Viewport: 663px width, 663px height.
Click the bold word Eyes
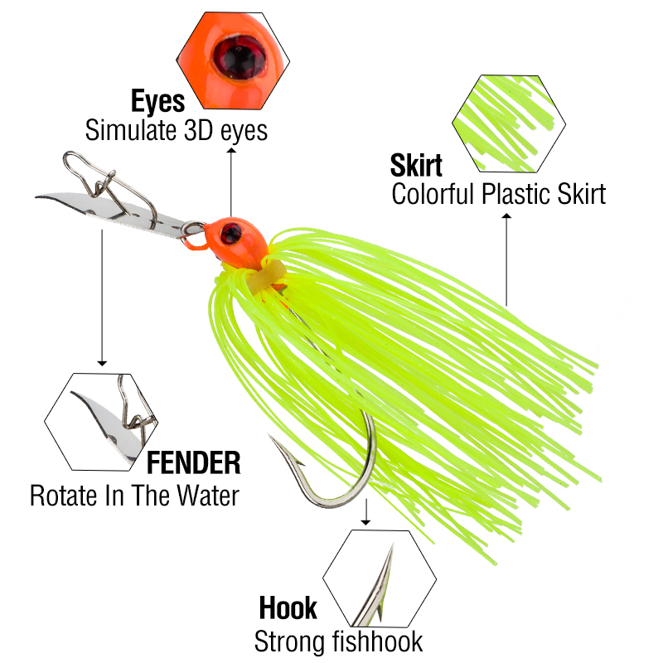click(x=157, y=102)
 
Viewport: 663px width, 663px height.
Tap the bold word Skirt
click(x=416, y=165)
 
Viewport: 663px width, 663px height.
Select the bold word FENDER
click(x=193, y=462)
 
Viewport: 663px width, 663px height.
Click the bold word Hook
click(x=288, y=607)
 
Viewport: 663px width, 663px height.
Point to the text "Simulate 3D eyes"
click(x=177, y=130)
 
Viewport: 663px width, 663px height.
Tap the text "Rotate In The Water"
click(x=134, y=496)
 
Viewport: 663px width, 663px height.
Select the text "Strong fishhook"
click(x=338, y=641)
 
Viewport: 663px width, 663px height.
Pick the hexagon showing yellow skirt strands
click(x=509, y=124)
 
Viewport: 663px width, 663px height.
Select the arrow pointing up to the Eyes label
click(x=230, y=182)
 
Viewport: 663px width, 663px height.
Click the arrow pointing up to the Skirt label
click(x=506, y=257)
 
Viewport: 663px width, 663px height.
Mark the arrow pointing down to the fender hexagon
click(x=102, y=298)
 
